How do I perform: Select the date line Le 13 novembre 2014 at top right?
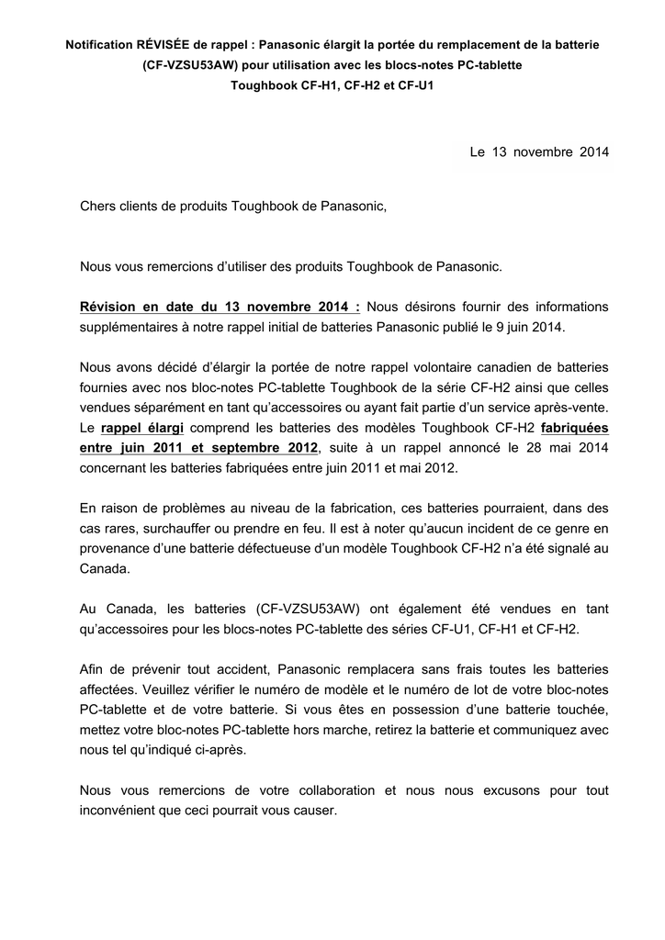coord(539,151)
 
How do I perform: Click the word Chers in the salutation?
coord(98,208)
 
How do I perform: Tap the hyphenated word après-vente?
coord(569,408)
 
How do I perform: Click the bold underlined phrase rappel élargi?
coord(142,428)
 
